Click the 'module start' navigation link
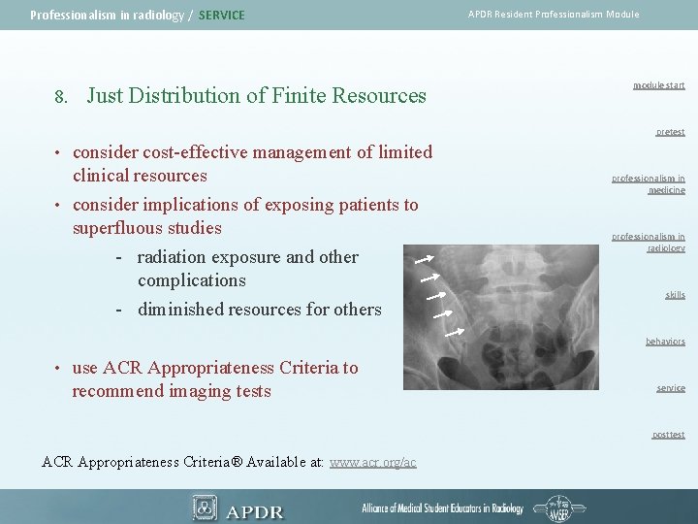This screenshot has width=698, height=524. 658,85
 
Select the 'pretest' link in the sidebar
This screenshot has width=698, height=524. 669,132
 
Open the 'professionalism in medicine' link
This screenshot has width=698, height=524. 648,184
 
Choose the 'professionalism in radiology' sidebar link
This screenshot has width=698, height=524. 648,242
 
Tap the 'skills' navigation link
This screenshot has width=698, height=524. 675,295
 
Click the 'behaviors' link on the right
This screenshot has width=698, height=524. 665,342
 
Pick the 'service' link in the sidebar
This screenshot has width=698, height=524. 670,388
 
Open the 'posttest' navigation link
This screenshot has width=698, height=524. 668,435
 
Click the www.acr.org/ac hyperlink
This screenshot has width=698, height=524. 372,463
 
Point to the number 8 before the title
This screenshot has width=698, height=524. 59,97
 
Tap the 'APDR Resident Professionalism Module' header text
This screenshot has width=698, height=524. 554,15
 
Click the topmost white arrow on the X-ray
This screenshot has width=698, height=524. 423,260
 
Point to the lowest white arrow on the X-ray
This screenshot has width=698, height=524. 453,332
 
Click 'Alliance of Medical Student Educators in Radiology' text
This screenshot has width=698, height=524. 442,508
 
